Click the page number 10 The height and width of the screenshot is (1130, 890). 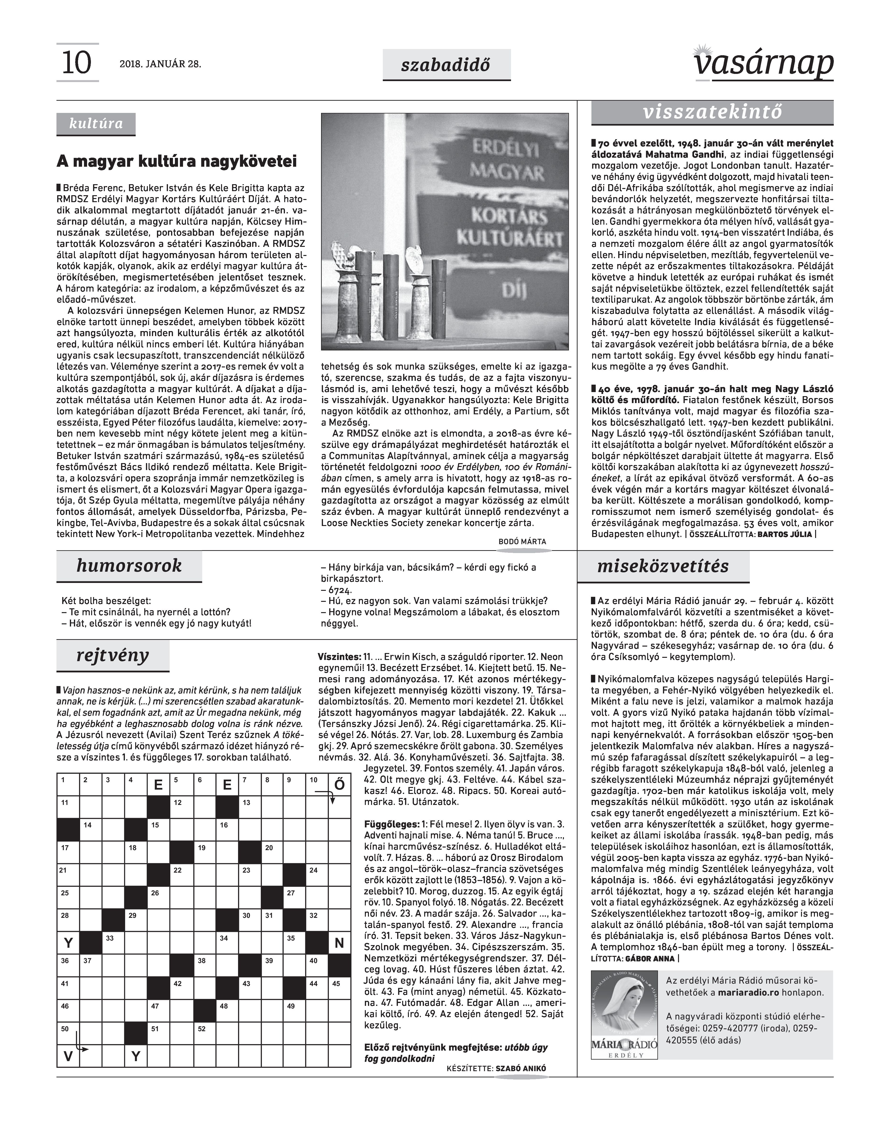point(77,63)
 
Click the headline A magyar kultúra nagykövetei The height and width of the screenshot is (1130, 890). point(177,161)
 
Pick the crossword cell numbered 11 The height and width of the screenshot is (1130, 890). point(68,807)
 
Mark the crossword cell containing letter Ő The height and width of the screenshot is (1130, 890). point(339,785)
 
